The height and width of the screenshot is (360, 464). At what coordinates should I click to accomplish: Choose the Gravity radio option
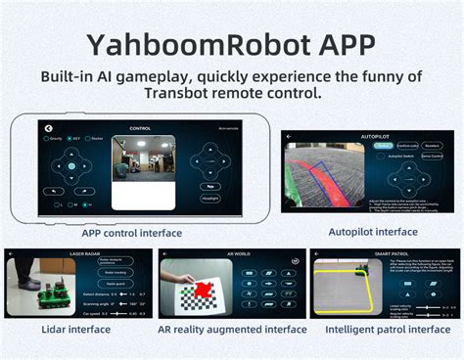tap(50, 139)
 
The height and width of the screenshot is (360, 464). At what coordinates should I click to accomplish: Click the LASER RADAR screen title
tap(83, 254)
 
